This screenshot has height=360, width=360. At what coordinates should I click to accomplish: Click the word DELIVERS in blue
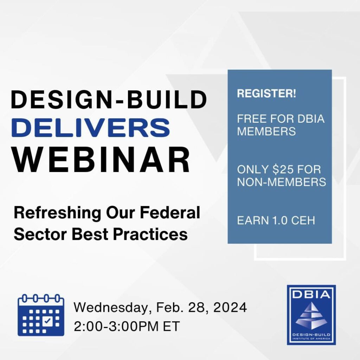point(91,128)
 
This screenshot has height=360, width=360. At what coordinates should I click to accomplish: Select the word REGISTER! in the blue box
point(266,94)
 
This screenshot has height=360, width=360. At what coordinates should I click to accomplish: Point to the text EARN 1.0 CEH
point(276,220)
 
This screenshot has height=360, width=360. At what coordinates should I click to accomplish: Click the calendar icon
point(41,315)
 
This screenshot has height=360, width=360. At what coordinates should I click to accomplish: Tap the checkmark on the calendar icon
point(47,321)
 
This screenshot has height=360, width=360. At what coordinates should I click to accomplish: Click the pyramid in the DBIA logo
point(311,316)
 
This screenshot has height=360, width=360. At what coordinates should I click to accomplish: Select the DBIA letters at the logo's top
point(311,294)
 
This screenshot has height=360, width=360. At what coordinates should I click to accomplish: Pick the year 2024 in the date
point(230,307)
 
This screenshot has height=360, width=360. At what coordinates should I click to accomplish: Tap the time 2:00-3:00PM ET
point(127,326)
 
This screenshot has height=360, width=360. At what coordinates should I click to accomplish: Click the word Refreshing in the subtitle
point(57,213)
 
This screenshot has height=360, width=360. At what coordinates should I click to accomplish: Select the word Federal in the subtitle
point(170,212)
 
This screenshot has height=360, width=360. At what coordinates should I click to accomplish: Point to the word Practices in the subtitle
point(150,234)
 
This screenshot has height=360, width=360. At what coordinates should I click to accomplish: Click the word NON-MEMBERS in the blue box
point(282,182)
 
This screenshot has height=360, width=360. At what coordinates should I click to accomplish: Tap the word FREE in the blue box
point(252,119)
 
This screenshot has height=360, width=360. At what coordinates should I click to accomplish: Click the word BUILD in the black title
point(167,99)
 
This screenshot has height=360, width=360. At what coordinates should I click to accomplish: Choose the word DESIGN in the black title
point(60,99)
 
